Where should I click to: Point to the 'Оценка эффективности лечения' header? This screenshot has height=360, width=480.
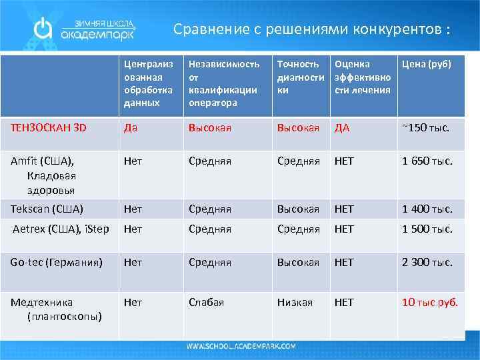click(x=361, y=77)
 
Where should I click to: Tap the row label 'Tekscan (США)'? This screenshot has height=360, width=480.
click(x=47, y=209)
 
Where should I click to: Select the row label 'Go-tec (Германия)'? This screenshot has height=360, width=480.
click(x=57, y=263)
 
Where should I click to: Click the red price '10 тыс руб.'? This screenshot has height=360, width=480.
click(x=429, y=303)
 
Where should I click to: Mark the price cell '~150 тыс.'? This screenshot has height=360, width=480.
click(x=425, y=127)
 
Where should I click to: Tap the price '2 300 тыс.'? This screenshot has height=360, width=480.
click(x=427, y=263)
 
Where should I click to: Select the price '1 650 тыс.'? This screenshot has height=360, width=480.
click(x=427, y=161)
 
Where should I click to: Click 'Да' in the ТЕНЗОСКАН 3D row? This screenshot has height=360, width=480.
click(x=131, y=127)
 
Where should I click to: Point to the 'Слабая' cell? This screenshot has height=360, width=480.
click(x=206, y=303)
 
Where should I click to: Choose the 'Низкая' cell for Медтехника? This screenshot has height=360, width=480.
click(x=295, y=303)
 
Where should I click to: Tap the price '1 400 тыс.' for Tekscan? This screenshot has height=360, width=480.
click(x=427, y=209)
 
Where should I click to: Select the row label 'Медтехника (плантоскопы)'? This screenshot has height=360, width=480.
click(x=55, y=309)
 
